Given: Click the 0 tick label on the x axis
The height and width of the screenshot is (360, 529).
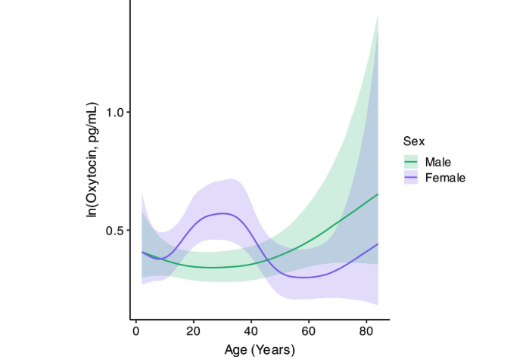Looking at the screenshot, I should coord(135,331).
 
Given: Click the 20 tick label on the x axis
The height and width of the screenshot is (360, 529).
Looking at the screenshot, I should coord(193,331).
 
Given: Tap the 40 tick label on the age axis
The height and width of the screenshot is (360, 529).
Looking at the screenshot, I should coord(250,331).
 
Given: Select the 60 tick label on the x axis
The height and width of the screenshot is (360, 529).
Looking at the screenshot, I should coord(308,331).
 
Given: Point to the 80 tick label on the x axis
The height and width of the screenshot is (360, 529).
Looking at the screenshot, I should coord(366,331).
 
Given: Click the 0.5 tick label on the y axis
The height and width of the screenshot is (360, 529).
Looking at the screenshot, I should coord(114,231).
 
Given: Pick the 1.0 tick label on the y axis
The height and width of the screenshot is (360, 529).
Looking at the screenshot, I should coord(114,112).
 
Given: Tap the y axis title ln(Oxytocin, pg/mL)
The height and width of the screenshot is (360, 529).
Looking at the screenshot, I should coord(92,160).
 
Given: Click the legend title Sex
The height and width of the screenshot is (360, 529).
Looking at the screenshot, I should coord(413,141).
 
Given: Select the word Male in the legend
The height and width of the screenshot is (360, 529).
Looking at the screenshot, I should coord(440,162).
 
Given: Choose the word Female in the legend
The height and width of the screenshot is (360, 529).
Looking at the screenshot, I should coord(445,178).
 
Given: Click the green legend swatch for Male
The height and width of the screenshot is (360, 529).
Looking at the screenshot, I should coord(411,162).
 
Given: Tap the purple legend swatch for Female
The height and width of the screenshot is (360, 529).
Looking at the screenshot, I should coord(411,178).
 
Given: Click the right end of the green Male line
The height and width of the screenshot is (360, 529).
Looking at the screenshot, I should coord(378,194).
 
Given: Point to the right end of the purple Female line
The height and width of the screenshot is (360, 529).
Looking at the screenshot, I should coord(378,244).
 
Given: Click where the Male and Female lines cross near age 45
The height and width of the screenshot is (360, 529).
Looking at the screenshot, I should coord(262,263).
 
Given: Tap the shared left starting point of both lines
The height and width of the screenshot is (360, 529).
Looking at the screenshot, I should coord(142,252).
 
